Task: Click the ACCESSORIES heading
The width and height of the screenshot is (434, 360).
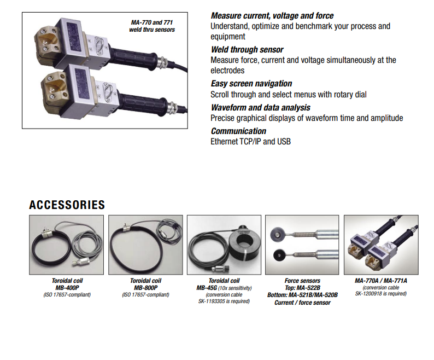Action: click(67, 205)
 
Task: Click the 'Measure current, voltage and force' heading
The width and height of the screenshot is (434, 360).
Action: click(272, 16)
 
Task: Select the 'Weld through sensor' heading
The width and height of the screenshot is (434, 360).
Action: click(247, 50)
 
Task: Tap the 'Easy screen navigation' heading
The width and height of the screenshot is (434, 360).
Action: click(251, 83)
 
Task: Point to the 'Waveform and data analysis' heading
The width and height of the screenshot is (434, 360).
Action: click(261, 108)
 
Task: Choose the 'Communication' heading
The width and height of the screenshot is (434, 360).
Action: click(238, 131)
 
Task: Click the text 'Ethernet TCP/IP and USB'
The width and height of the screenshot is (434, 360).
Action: click(250, 142)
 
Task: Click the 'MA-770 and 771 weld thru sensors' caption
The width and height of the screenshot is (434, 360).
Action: click(152, 26)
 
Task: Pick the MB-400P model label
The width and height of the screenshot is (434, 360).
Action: click(67, 288)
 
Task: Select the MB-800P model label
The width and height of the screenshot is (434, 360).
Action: click(145, 288)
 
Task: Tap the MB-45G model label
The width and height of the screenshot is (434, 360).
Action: click(207, 288)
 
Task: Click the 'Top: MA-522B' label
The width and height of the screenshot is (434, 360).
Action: click(302, 288)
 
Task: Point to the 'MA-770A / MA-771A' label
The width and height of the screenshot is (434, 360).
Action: click(381, 281)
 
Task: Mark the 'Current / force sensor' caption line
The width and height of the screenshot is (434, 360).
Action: click(302, 303)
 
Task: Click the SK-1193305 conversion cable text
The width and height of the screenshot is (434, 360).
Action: click(224, 301)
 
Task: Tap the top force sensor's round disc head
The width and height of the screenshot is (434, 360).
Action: click(277, 234)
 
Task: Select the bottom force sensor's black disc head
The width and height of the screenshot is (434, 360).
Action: click(279, 255)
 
